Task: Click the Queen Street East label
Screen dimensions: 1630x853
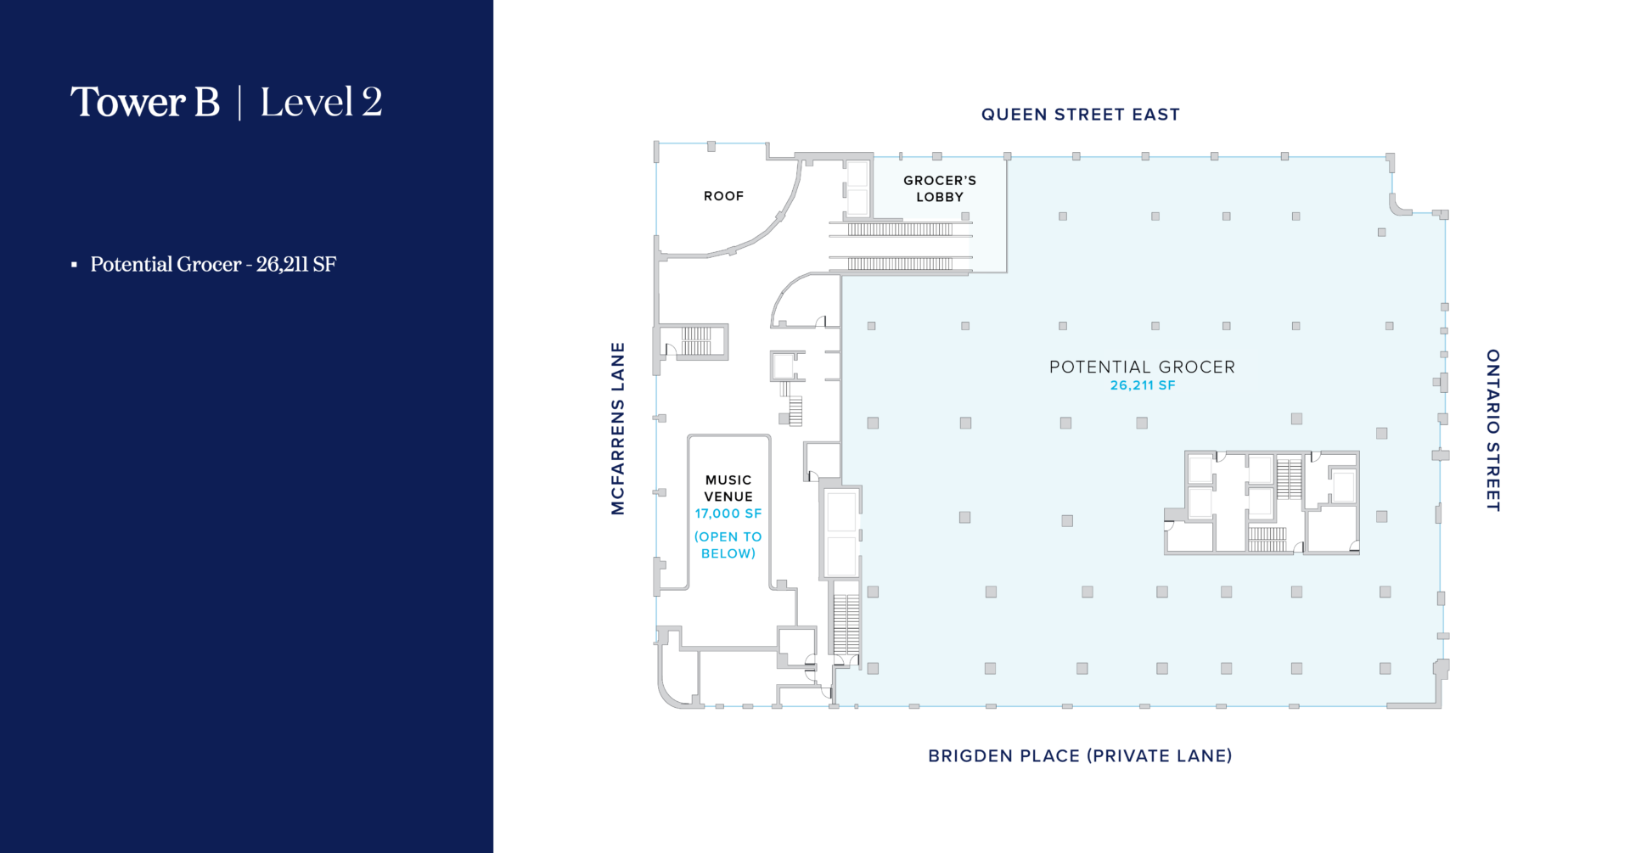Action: tap(1080, 115)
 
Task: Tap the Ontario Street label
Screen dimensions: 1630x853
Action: tap(1493, 430)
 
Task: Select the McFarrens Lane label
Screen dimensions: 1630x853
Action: tap(618, 429)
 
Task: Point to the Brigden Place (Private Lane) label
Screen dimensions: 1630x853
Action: tap(1080, 755)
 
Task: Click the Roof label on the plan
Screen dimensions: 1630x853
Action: tap(723, 196)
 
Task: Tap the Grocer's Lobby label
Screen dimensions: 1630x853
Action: tap(940, 188)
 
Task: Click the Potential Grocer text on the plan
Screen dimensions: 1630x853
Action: tap(1142, 367)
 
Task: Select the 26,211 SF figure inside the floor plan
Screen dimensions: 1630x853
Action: tap(1143, 385)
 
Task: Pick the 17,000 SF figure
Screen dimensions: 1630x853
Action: tap(728, 513)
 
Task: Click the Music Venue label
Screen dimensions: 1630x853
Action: tap(728, 488)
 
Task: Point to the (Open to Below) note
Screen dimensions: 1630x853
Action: tap(728, 545)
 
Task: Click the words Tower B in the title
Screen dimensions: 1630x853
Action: tap(145, 102)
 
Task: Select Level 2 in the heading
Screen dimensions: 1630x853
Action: tap(321, 102)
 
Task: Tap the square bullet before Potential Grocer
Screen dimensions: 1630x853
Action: tap(74, 265)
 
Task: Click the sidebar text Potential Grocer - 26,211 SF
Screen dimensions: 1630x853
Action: tap(213, 265)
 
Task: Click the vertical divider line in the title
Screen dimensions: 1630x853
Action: tap(239, 103)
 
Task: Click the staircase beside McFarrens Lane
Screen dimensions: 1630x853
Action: tap(696, 341)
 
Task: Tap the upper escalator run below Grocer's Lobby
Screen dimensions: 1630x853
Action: tap(900, 229)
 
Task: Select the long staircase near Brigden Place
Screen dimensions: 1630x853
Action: tap(846, 625)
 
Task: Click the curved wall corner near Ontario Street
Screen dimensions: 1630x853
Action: tap(1397, 206)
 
